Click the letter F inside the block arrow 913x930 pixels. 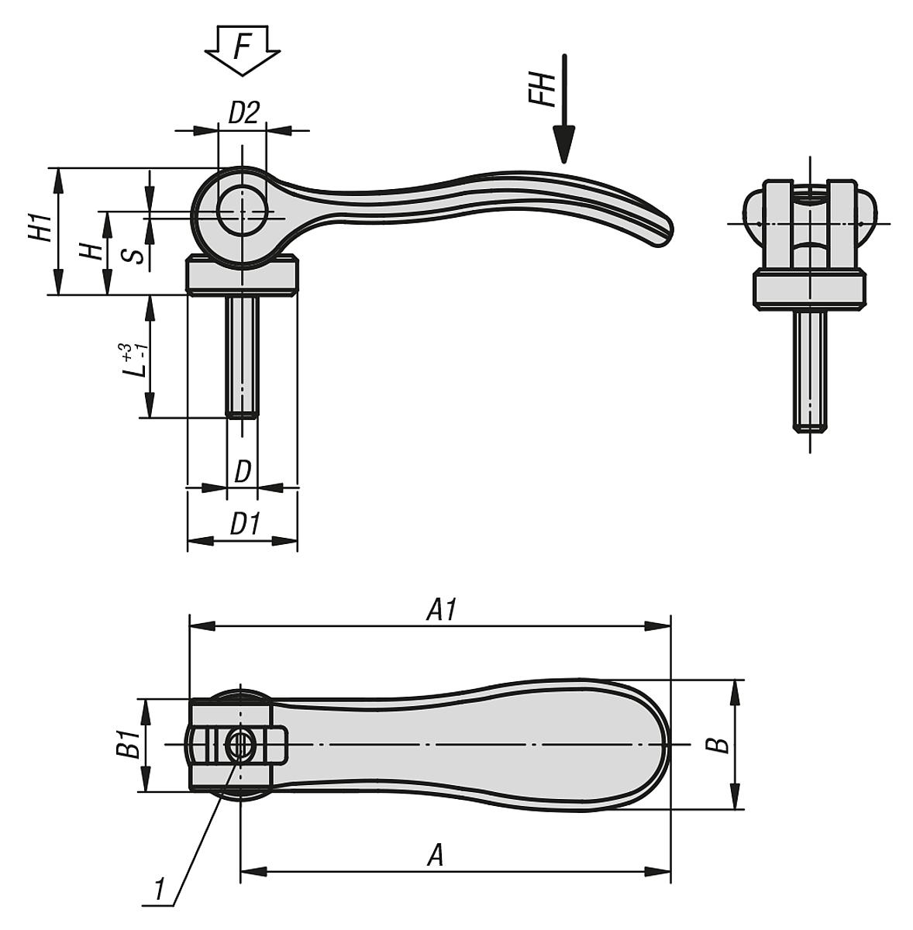tap(243, 47)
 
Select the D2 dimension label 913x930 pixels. tap(243, 113)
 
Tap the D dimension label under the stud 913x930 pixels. tap(243, 471)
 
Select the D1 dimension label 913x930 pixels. tap(244, 525)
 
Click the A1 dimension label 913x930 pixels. tap(442, 611)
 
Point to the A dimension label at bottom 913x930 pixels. tap(436, 856)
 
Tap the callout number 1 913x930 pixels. tap(160, 888)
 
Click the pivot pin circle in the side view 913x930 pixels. tap(243, 211)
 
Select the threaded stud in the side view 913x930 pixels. tap(243, 356)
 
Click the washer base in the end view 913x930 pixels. tap(810, 289)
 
